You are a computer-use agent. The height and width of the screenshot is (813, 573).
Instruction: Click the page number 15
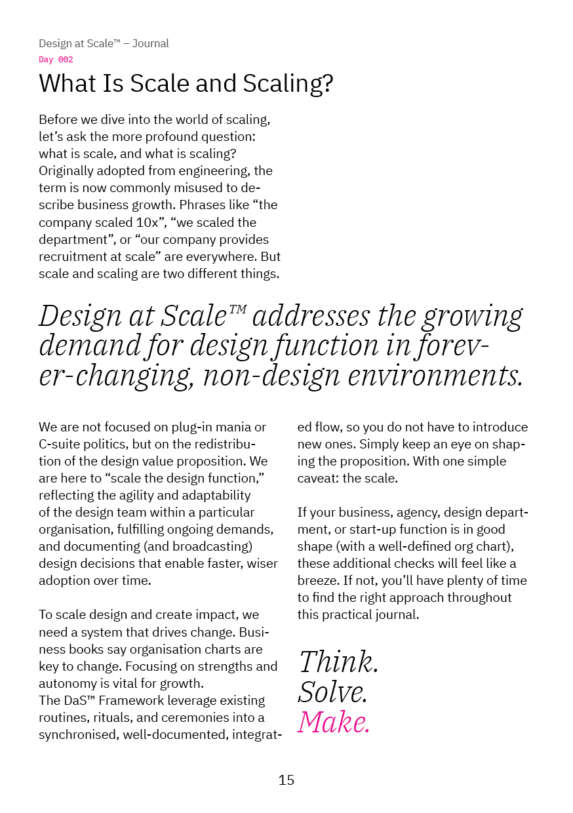pos(286,780)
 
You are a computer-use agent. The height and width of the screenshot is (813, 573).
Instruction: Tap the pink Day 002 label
pos(56,60)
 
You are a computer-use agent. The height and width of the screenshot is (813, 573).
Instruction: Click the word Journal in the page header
pos(150,44)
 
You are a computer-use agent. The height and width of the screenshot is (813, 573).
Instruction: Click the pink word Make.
pos(334,722)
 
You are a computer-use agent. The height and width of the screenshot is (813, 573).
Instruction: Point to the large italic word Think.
pos(339,662)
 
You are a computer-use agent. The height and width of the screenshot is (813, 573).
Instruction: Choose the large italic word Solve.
pos(333,692)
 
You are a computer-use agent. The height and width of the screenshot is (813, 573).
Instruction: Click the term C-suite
pos(63,444)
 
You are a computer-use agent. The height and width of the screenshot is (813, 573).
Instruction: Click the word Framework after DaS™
pos(125,700)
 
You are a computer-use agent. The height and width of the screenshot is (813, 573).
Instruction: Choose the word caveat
pos(317,478)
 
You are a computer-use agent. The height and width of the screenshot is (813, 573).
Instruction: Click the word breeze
pos(317,580)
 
